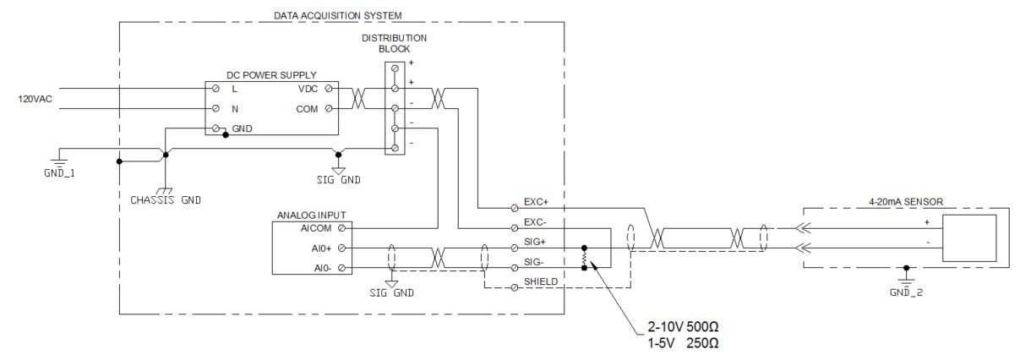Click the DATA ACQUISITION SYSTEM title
coord(337,15)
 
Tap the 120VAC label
coord(35,99)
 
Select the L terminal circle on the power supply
coord(215,88)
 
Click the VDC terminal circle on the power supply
coord(329,89)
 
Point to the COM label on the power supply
coord(307,109)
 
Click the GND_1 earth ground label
coord(59,173)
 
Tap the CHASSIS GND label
coord(166,200)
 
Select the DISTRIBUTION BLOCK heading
coord(395,43)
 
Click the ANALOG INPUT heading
coord(312,215)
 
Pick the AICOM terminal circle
coord(342,228)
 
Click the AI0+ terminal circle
coord(342,248)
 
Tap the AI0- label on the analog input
coord(322,268)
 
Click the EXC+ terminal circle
coord(515,208)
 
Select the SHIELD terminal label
coord(541,281)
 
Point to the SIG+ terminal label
coord(535,242)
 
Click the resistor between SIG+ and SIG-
coord(584,258)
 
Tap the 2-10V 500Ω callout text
coord(683,327)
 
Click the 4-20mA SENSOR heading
coord(906,202)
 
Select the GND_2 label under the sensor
coord(906,292)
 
